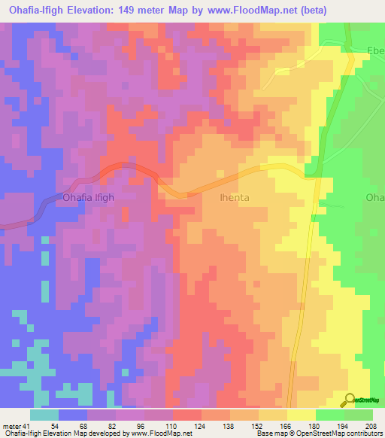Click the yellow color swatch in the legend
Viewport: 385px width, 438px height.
[301, 414]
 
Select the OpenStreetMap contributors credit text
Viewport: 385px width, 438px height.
[338, 433]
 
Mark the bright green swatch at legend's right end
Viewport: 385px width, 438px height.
[359, 414]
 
